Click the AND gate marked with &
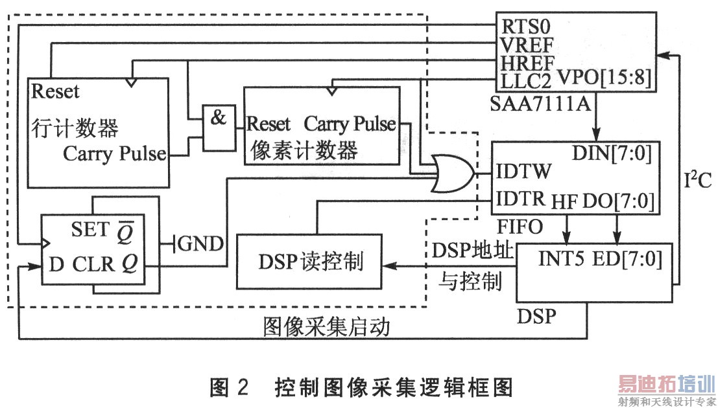(x=219, y=119)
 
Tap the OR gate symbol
(x=453, y=173)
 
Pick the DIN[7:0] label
(x=612, y=153)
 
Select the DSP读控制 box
(x=311, y=262)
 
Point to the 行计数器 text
(x=74, y=128)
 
